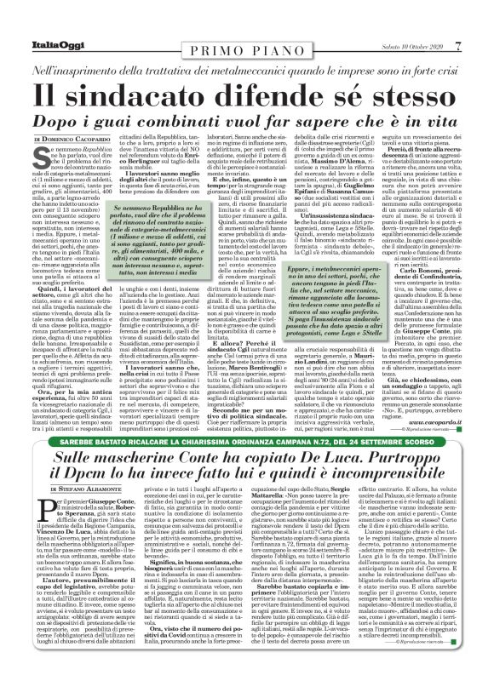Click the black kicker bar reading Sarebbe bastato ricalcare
click(246, 443)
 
